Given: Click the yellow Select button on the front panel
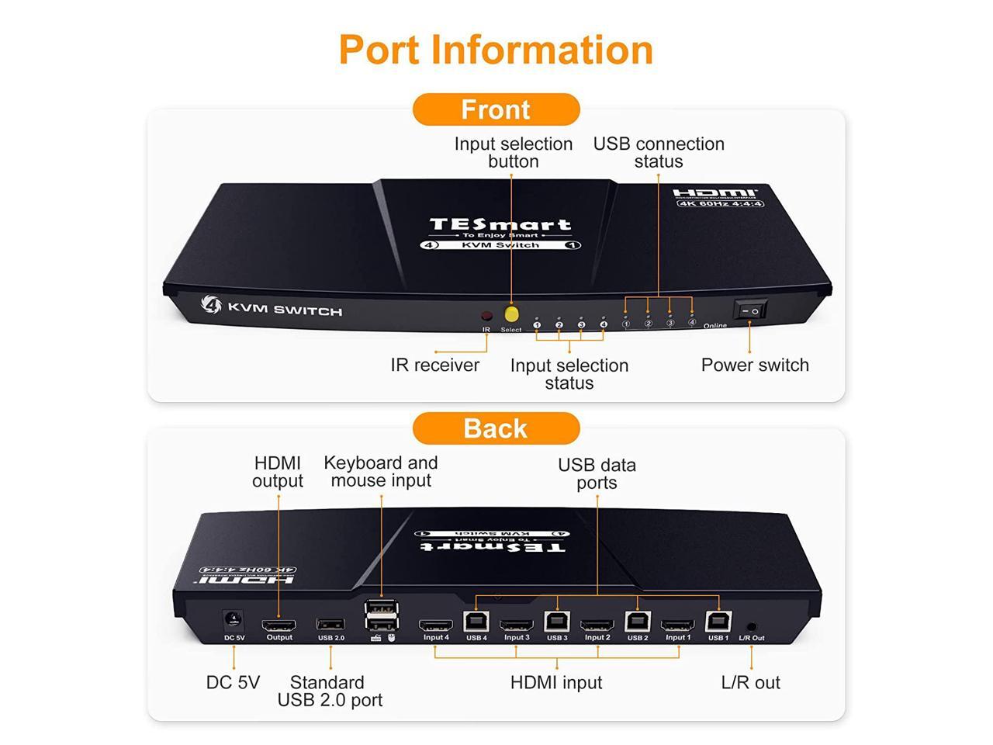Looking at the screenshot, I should [511, 314].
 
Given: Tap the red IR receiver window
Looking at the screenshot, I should [486, 317].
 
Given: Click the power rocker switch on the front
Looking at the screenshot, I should [750, 310].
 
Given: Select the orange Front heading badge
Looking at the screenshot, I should [496, 109].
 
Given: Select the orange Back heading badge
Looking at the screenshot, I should [496, 428].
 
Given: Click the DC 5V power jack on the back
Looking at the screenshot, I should [233, 621].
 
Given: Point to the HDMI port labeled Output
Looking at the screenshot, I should [279, 625].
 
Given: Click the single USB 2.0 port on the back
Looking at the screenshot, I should [330, 625].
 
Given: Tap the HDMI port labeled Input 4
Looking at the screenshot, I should [436, 625].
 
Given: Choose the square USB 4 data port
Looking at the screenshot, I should [476, 622].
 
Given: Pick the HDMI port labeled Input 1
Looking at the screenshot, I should [677, 625].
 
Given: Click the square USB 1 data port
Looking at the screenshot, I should [718, 622].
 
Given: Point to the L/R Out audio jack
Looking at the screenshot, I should [751, 626].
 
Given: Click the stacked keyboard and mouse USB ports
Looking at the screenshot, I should [382, 615].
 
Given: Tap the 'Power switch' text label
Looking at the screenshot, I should [755, 365].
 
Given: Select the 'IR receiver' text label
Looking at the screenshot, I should [435, 365].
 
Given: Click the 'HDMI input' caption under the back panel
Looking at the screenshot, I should [556, 683].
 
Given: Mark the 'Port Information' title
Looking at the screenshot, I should [496, 50].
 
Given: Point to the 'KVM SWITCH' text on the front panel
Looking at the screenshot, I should [284, 310].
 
